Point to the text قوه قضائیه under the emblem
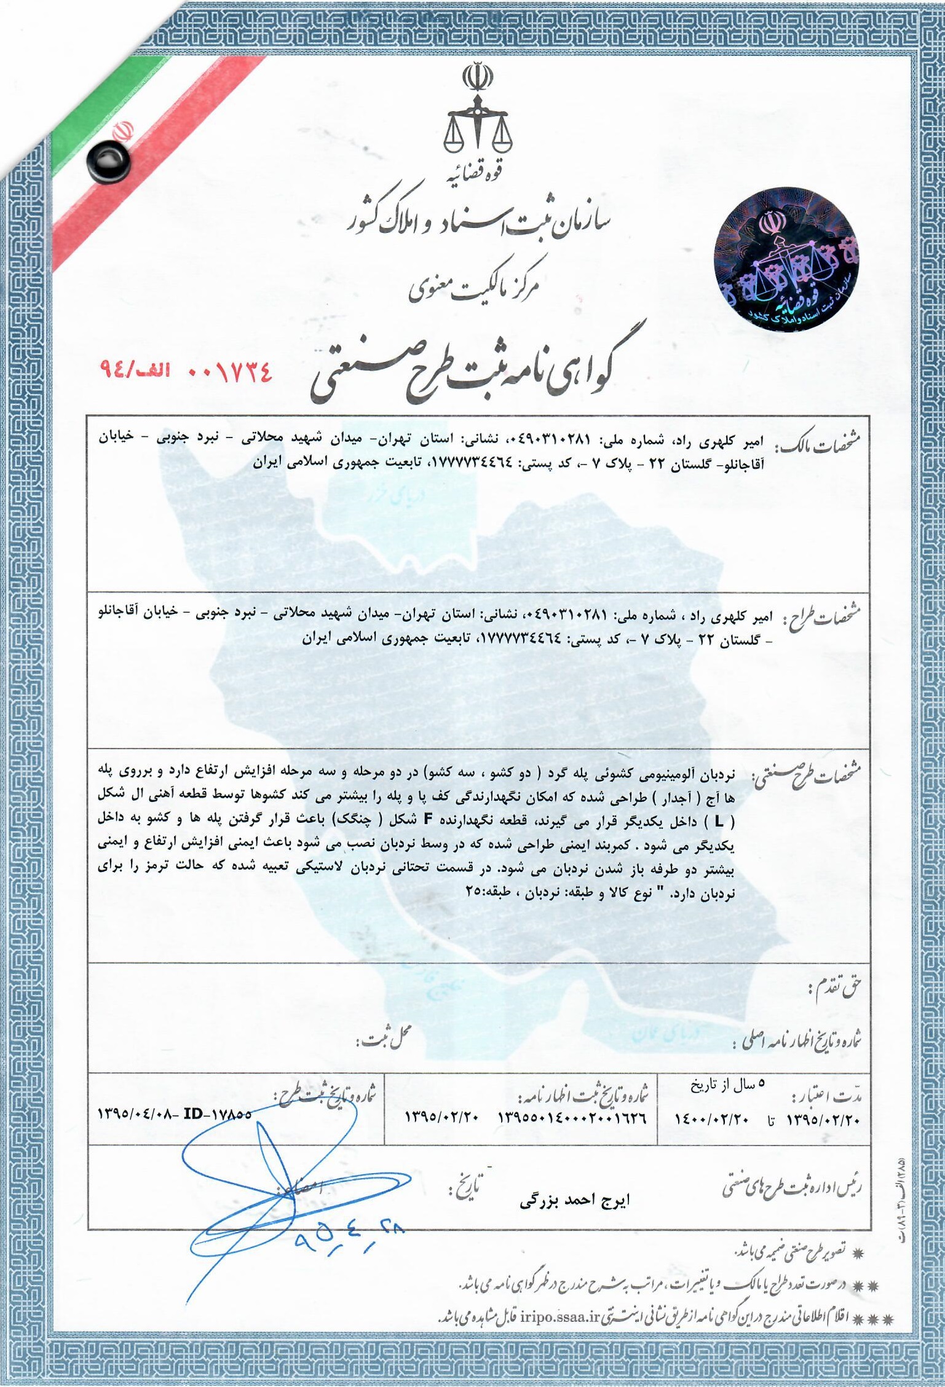point(476,178)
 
